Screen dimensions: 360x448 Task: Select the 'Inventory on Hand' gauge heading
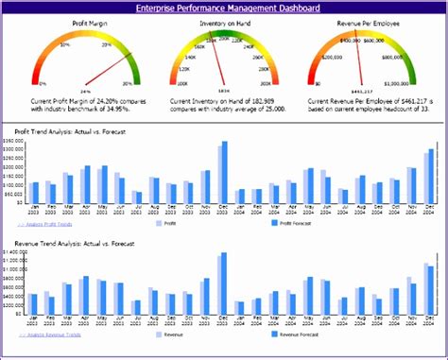(223, 21)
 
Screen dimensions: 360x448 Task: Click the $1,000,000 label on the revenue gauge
(409, 84)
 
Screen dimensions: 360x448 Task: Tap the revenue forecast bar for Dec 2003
(224, 284)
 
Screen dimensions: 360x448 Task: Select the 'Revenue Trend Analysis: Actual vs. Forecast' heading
(73, 244)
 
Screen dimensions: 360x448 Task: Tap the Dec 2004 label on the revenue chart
(429, 318)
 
